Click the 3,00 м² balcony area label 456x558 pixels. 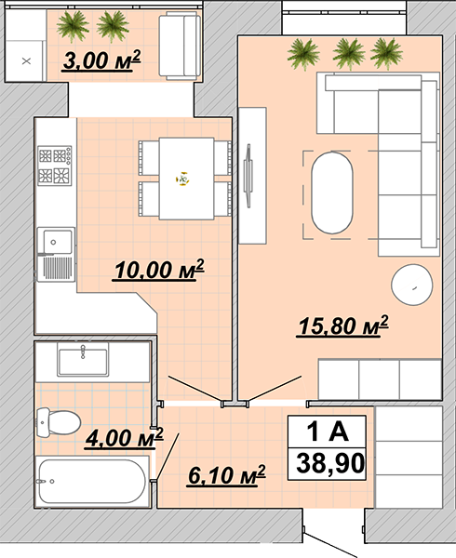101,60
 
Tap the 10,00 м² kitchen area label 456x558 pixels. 158,270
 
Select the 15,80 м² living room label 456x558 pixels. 342,325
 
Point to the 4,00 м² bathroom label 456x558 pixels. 124,438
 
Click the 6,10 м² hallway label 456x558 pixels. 226,475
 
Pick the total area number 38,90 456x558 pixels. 330,463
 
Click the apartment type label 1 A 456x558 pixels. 328,431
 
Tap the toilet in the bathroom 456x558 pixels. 59,423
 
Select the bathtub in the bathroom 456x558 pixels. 92,481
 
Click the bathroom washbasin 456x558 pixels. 83,362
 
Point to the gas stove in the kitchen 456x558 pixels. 55,166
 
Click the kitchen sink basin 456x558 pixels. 57,242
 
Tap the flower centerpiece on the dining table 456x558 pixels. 182,179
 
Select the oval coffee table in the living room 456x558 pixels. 332,193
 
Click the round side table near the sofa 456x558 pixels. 412,285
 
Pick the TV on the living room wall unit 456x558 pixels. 248,176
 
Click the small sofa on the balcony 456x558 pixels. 180,46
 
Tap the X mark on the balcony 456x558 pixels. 26,61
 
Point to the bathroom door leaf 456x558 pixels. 167,457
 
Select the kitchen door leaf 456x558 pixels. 195,390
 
